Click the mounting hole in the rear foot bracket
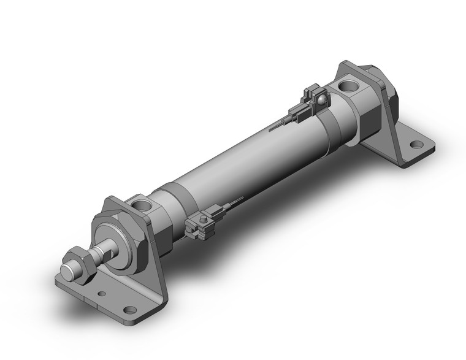pyautogui.click(x=417, y=145)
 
